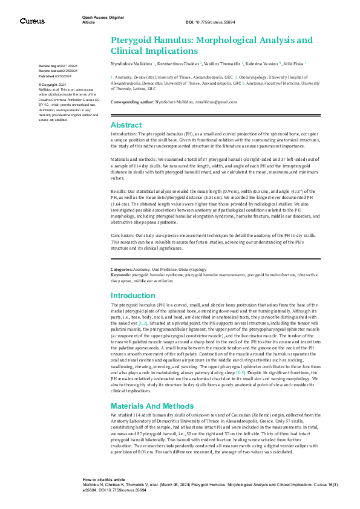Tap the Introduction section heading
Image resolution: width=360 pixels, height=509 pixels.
click(133, 296)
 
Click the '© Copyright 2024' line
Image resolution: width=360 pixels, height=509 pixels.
click(53, 84)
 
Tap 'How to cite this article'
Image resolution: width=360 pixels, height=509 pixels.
click(104, 478)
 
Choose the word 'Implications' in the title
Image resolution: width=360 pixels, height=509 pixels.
click(175, 51)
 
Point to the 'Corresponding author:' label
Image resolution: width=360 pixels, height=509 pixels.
click(133, 103)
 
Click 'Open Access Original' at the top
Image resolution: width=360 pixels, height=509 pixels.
click(102, 18)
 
